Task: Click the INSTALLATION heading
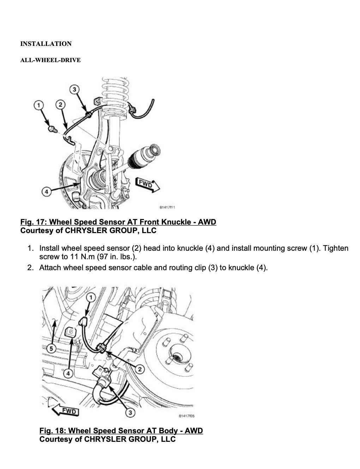[46, 44]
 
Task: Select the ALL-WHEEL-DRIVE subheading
[50, 60]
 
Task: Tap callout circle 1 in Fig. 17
[39, 105]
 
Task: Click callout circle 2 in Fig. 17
[61, 105]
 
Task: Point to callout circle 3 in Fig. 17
[74, 89]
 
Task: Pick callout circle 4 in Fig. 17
[46, 192]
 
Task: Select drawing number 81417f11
[167, 207]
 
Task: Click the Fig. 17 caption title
[118, 222]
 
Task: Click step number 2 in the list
[30, 267]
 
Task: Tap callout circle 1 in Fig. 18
[91, 297]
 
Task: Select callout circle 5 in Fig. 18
[51, 349]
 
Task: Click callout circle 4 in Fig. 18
[68, 373]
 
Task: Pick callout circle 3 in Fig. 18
[130, 412]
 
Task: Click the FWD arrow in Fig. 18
[65, 411]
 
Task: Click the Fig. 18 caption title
[121, 431]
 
